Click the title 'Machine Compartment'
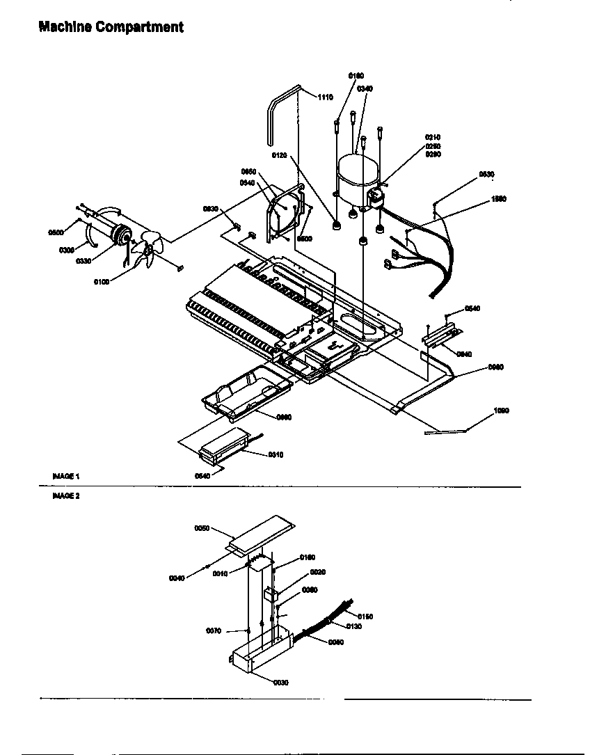click(x=111, y=27)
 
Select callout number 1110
click(x=326, y=97)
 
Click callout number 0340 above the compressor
click(x=365, y=88)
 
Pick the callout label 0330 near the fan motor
click(x=83, y=261)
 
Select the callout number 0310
click(x=276, y=454)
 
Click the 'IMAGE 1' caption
click(x=66, y=476)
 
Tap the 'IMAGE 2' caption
click(x=66, y=496)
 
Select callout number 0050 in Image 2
click(x=202, y=528)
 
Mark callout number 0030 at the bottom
click(x=280, y=683)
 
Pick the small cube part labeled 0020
click(x=271, y=594)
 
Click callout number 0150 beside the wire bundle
click(x=365, y=616)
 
